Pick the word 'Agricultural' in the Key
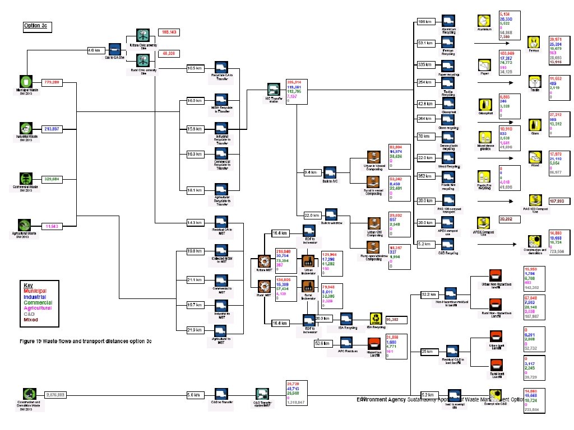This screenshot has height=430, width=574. pos(38,308)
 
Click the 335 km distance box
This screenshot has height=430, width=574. pos(424,65)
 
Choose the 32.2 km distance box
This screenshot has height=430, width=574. pos(429,294)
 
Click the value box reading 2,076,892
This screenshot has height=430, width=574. pos(59,394)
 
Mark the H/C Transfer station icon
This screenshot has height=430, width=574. pos(273,90)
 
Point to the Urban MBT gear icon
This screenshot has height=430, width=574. pos(264,260)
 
